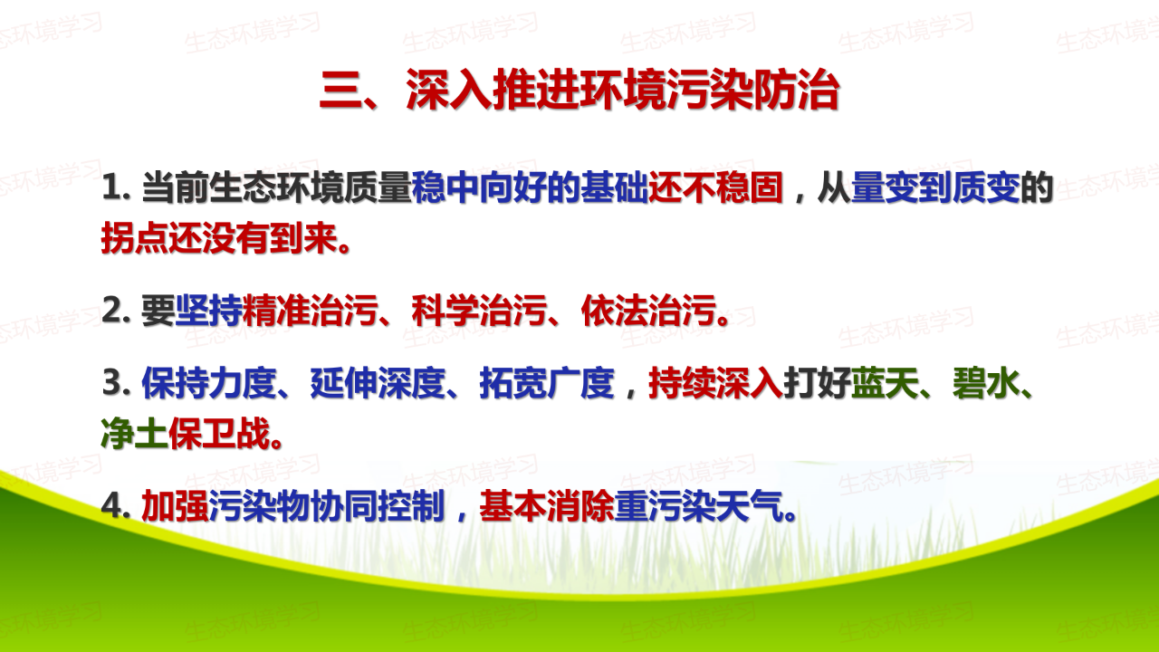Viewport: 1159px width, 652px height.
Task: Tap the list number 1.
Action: [116, 187]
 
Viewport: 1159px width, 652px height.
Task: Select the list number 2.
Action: [116, 311]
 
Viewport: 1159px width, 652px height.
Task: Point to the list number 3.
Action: [116, 383]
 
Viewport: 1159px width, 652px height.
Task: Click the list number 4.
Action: [116, 506]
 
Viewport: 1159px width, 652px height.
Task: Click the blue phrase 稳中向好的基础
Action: [530, 187]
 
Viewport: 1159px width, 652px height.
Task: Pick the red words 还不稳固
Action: [715, 187]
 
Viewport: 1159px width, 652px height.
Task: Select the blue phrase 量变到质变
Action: [935, 187]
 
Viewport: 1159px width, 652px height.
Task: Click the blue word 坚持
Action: [208, 311]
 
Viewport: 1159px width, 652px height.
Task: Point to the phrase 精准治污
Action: [310, 311]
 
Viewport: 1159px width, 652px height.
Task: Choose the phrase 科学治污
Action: [479, 311]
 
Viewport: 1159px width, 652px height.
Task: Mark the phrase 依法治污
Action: [649, 311]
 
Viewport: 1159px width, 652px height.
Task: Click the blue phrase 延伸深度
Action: [378, 383]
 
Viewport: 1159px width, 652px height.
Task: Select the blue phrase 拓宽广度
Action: [547, 383]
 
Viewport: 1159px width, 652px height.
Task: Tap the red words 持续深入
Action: [716, 383]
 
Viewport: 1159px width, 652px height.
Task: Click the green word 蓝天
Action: [885, 383]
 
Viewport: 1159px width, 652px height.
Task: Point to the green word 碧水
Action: [986, 383]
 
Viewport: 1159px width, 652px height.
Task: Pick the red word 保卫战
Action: [219, 433]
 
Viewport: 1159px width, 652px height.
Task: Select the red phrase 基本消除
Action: [547, 506]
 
